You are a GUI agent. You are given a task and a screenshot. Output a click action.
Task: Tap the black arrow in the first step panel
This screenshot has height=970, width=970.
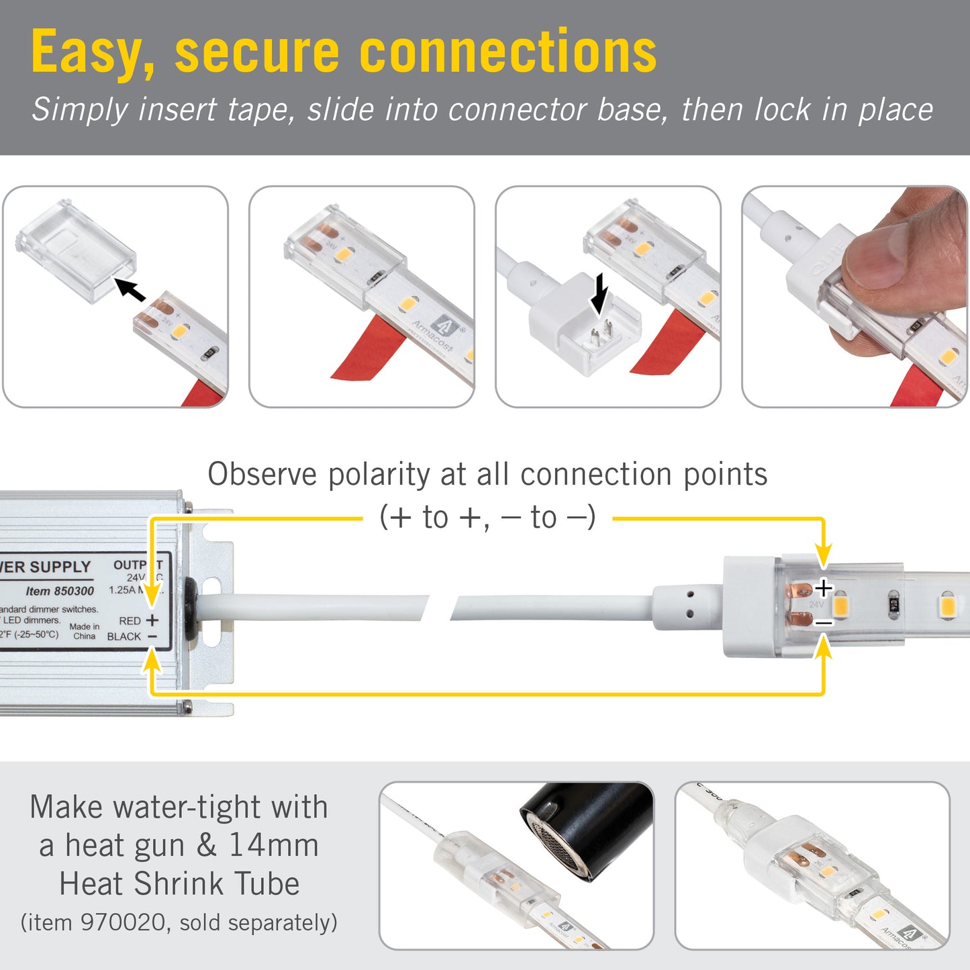coord(130,289)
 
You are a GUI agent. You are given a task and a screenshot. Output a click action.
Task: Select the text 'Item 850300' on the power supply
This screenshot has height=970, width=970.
coord(60,591)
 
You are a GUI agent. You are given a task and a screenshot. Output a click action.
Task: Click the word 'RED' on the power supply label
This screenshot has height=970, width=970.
coord(130,621)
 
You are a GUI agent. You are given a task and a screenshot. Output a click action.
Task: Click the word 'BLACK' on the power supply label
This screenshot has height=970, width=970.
coord(124,636)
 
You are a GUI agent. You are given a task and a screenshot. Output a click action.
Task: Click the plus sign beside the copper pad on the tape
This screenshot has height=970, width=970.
coord(824,589)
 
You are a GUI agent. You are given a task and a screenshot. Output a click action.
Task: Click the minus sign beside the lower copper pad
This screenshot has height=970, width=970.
coord(824,623)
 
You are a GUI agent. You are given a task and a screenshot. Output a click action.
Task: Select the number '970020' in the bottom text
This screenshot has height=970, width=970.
coord(123,922)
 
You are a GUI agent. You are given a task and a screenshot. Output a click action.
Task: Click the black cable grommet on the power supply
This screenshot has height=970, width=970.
coord(191,608)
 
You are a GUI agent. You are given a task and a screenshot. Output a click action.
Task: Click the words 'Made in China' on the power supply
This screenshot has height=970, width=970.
coord(85,631)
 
